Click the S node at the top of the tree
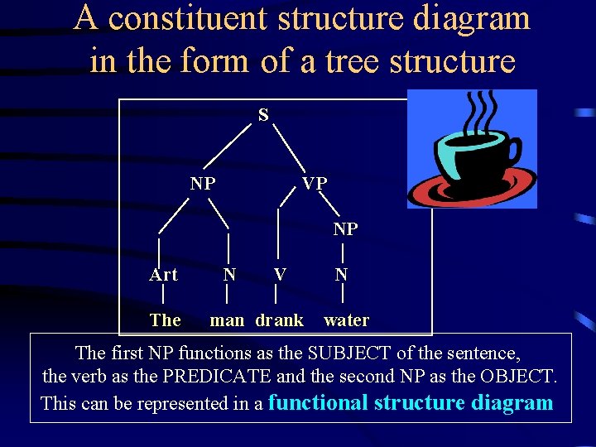coord(262,115)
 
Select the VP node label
coord(315,183)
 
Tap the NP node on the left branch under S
coord(202,183)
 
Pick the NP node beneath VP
coord(345,228)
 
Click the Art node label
coord(163,275)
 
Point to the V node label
coord(280,275)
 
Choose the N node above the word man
coord(229,275)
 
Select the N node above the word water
coord(341,275)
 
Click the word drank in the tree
coord(280,320)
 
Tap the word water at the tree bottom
coord(346,320)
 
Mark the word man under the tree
coord(227,320)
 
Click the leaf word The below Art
coord(165,320)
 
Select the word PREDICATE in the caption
coord(217,377)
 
